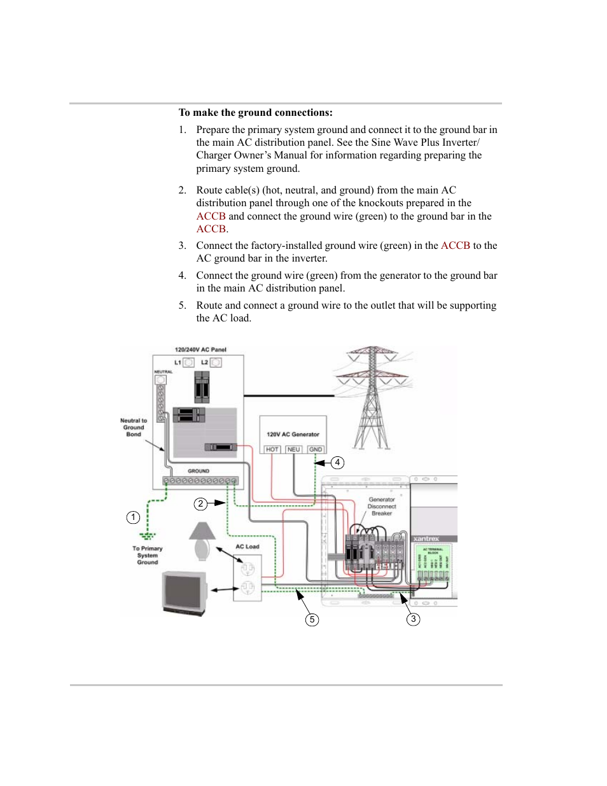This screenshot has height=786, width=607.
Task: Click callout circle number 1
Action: (133, 517)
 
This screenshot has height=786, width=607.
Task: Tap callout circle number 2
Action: (201, 503)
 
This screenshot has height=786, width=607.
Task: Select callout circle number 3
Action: (413, 619)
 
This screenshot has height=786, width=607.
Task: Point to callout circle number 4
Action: (338, 463)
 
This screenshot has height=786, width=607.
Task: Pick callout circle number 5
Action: (312, 619)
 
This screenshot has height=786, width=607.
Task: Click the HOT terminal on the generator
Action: (272, 449)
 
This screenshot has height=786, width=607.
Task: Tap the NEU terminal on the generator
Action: (293, 449)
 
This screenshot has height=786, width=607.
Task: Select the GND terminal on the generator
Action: (316, 449)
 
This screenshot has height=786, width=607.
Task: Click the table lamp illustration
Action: (202, 541)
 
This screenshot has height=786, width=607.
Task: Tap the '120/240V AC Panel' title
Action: (200, 349)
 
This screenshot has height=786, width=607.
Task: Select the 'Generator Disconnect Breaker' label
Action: (382, 507)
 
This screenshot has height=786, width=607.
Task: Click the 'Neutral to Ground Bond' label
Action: (134, 427)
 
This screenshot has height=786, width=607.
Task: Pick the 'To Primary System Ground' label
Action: (148, 555)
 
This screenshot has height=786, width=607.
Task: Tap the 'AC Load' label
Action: (248, 546)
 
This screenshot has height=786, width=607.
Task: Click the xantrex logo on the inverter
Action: (426, 538)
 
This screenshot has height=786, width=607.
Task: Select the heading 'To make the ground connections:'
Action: (256, 113)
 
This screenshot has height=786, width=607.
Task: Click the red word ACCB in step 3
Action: (456, 246)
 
